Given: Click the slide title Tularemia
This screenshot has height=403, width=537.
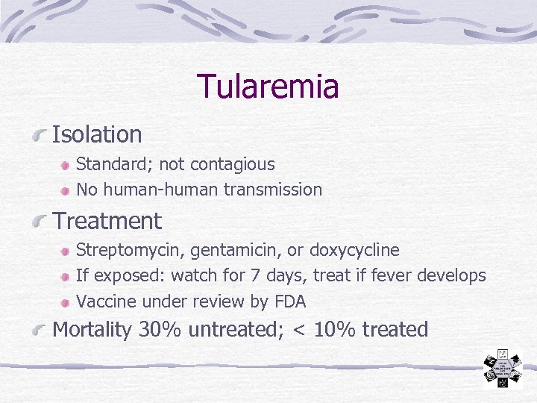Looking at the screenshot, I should tap(268, 87).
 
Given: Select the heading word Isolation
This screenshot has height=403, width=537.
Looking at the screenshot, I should tap(97, 135).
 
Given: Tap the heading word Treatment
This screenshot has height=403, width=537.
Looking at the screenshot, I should tap(107, 222).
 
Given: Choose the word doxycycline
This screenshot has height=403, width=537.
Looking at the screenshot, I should tap(354, 250).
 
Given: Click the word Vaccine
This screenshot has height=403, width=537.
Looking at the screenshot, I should tap(103, 302).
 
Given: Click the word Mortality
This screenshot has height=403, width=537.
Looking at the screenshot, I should tap(91, 330).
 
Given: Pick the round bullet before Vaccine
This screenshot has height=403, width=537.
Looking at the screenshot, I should tap(66, 302).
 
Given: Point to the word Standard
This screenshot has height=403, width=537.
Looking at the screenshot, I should tap(104, 164).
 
